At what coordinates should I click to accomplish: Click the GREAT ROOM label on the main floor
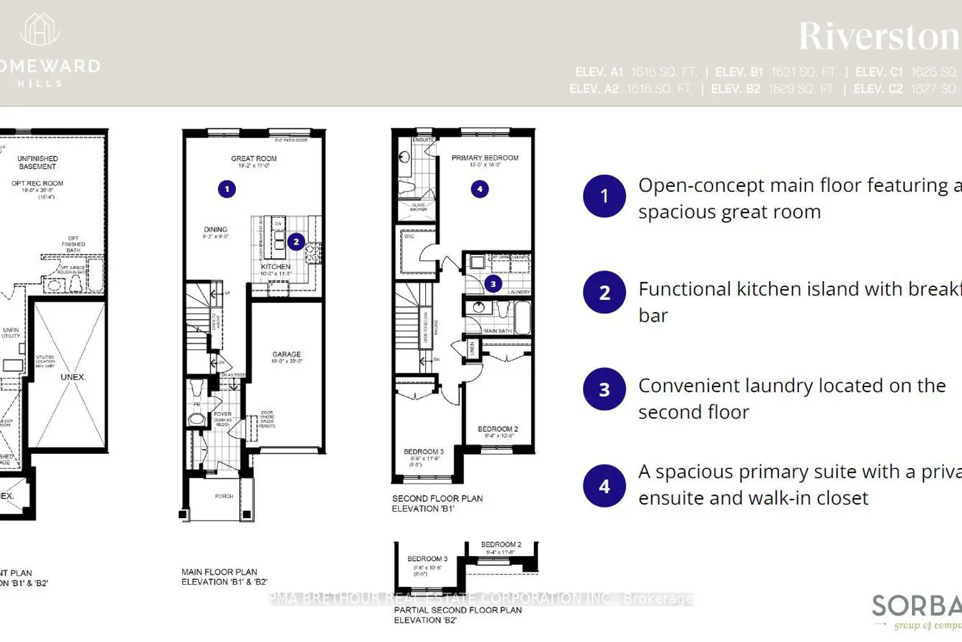[x=254, y=159]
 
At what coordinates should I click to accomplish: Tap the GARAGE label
[x=287, y=354]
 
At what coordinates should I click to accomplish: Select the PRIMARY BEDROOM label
[x=485, y=158]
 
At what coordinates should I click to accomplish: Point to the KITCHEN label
[x=276, y=266]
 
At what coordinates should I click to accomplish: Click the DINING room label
[x=215, y=230]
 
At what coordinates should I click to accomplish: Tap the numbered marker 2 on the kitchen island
[x=296, y=242]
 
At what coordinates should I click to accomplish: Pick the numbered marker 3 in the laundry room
[x=493, y=284]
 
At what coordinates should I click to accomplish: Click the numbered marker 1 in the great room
[x=226, y=189]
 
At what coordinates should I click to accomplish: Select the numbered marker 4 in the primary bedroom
[x=480, y=189]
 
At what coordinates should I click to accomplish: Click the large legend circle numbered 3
[x=604, y=389]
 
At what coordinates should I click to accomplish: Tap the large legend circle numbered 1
[x=604, y=196]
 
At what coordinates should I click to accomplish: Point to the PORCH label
[x=224, y=496]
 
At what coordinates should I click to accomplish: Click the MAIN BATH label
[x=498, y=331]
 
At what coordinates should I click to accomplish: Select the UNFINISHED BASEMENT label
[x=38, y=162]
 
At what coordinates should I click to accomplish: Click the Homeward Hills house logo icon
[x=40, y=30]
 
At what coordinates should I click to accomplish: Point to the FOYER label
[x=223, y=415]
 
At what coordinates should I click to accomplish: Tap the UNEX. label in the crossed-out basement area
[x=73, y=377]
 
